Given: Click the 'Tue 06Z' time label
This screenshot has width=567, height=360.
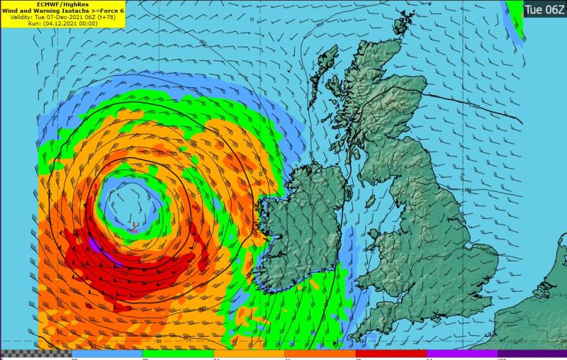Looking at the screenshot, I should click(544, 9).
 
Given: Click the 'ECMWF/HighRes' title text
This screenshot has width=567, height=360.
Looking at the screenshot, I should click(63, 4).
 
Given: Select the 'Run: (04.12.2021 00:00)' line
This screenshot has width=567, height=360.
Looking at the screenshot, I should click(63, 23).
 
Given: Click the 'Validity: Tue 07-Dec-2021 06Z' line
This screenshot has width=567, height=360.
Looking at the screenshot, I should click(63, 17).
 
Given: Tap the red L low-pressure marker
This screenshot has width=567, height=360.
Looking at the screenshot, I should click(135, 225).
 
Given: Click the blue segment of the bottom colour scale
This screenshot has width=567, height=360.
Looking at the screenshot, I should click(106, 354).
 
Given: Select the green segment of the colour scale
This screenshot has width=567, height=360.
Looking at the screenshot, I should click(177, 354).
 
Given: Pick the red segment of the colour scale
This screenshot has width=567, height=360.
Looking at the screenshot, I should click(390, 354).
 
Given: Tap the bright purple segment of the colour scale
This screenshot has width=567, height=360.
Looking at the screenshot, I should click(461, 354).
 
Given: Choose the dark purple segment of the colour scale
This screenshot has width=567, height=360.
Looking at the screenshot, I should click(532, 354).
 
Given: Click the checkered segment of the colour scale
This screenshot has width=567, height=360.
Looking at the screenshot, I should click(35, 354).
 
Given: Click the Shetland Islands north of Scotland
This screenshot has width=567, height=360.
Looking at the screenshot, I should click(405, 21).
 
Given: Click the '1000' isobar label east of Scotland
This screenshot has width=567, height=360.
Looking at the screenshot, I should click(473, 106).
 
